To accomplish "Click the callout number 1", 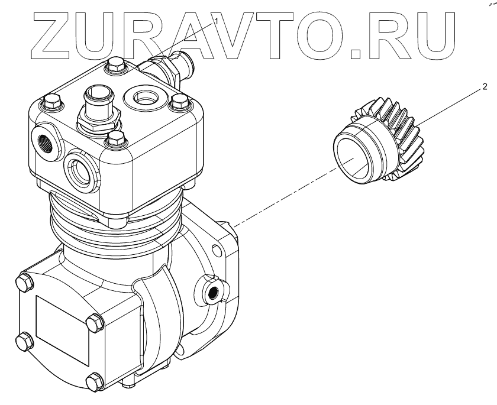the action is [x=217, y=20].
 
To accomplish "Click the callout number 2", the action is [x=485, y=87].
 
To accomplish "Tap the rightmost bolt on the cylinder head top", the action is [x=175, y=104].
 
